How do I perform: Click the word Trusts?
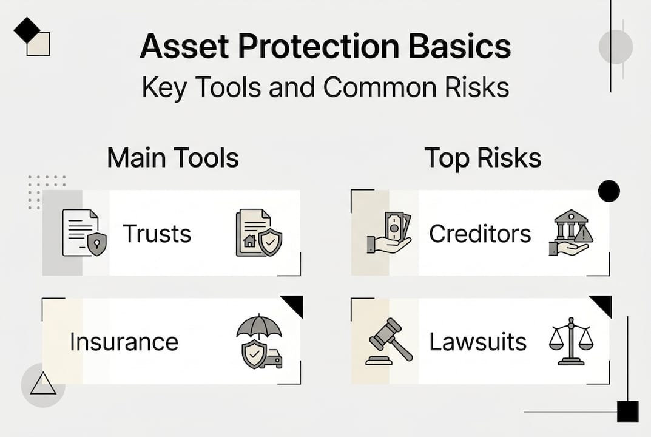pyautogui.click(x=157, y=234)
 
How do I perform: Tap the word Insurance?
pyautogui.click(x=124, y=342)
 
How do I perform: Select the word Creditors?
pyautogui.click(x=480, y=234)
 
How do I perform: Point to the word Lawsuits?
pyautogui.click(x=478, y=342)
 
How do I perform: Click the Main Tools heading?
pyautogui.click(x=173, y=158)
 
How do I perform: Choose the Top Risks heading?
pyautogui.click(x=482, y=158)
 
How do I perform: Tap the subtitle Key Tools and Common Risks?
pyautogui.click(x=325, y=87)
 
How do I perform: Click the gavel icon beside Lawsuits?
pyautogui.click(x=388, y=342)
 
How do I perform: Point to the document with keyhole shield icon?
pyautogui.click(x=84, y=233)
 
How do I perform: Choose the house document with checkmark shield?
pyautogui.click(x=258, y=233)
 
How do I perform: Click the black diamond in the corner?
pyautogui.click(x=26, y=30)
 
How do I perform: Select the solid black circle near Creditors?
pyautogui.click(x=609, y=191)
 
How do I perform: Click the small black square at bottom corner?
pyautogui.click(x=627, y=412)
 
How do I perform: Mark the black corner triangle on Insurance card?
pyautogui.click(x=294, y=305)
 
